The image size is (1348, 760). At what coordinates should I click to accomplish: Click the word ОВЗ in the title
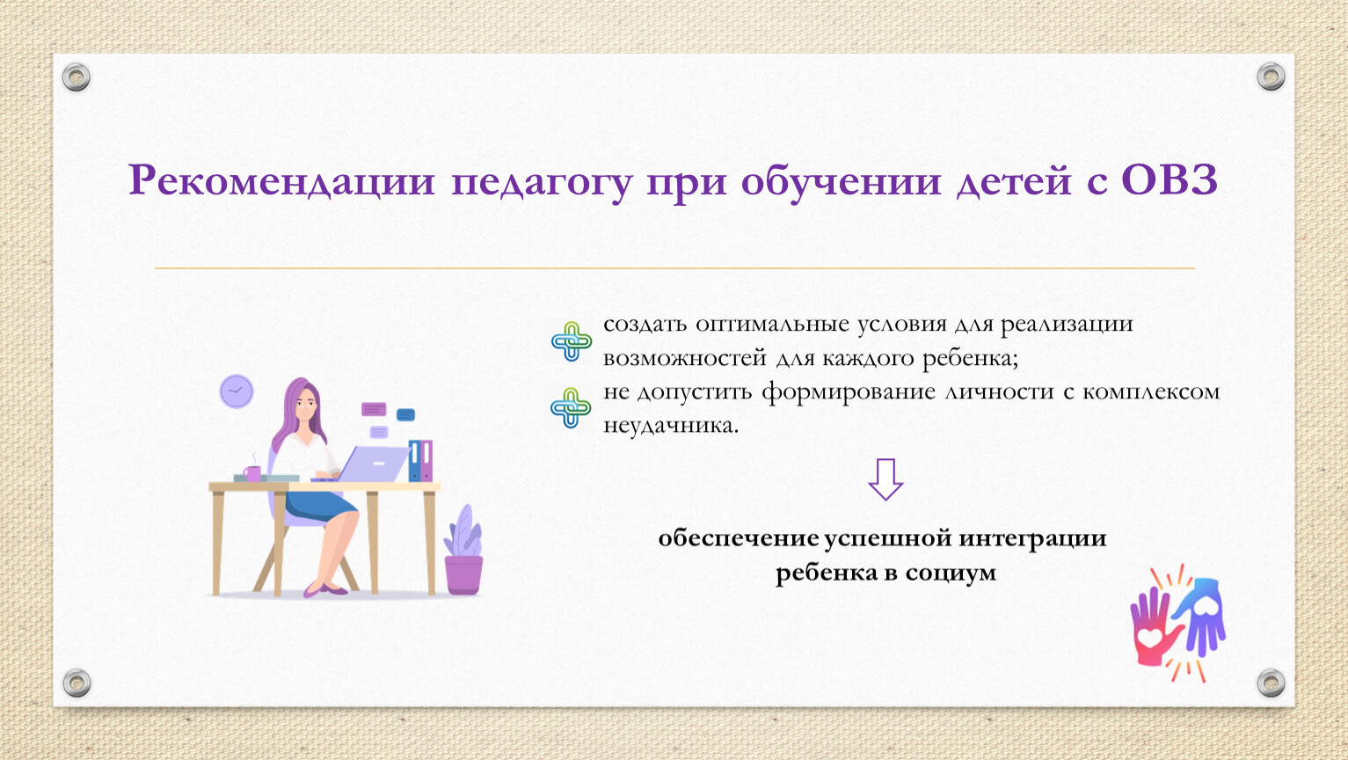(1169, 180)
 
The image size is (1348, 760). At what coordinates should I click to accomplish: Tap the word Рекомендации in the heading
(281, 180)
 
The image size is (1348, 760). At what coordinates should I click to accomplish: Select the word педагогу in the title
(542, 184)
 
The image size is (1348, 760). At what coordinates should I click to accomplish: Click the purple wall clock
(237, 391)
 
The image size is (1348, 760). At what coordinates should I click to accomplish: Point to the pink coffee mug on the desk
(252, 473)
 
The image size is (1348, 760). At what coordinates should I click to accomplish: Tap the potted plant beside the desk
(463, 550)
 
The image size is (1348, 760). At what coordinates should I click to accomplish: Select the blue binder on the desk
(414, 461)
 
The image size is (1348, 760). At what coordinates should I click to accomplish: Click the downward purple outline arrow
(885, 480)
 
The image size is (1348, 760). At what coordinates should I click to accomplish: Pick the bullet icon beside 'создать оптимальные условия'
(571, 341)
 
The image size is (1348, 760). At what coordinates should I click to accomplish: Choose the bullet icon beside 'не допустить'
(571, 407)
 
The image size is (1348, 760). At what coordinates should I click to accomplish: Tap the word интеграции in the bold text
(1032, 538)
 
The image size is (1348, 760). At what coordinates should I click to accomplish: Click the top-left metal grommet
(76, 77)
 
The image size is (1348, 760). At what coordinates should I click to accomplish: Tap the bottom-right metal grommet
(1271, 683)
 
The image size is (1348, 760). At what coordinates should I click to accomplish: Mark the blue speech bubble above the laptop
(405, 415)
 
